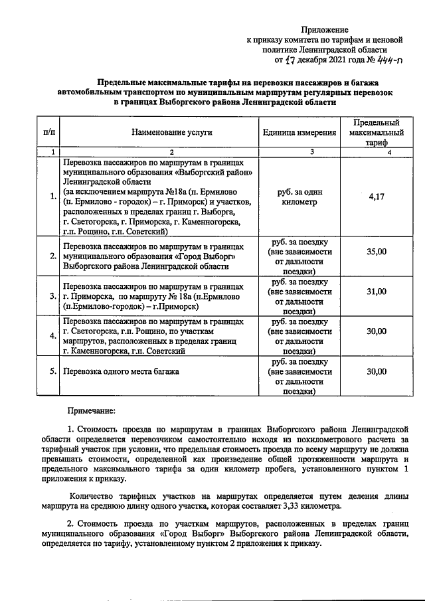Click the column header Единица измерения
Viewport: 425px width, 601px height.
299,132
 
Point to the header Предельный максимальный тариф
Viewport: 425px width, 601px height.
376,132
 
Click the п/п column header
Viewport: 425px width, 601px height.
48,132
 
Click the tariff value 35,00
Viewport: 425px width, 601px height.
376,252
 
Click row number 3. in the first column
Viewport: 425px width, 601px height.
53,296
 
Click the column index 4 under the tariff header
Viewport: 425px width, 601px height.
389,153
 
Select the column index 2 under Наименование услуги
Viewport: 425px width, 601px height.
171,153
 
